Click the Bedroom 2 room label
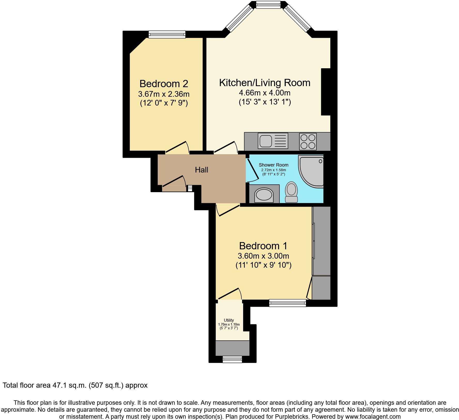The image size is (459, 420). click(x=164, y=84)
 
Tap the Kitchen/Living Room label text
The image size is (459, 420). click(x=265, y=83)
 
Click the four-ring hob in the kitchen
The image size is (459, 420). click(x=308, y=141)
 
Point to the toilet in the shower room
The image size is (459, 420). click(x=292, y=192)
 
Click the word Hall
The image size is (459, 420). click(x=201, y=170)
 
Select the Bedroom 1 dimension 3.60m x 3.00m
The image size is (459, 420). click(x=263, y=256)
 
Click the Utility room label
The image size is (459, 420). click(x=229, y=320)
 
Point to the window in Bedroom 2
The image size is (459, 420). click(x=167, y=34)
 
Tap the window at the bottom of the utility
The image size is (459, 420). click(x=232, y=359)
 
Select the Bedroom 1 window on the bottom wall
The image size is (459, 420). click(x=287, y=303)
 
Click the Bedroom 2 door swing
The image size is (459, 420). click(x=177, y=147)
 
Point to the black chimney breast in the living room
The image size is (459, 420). click(x=326, y=92)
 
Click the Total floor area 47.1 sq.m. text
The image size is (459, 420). click(x=75, y=385)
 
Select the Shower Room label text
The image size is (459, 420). click(x=273, y=165)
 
